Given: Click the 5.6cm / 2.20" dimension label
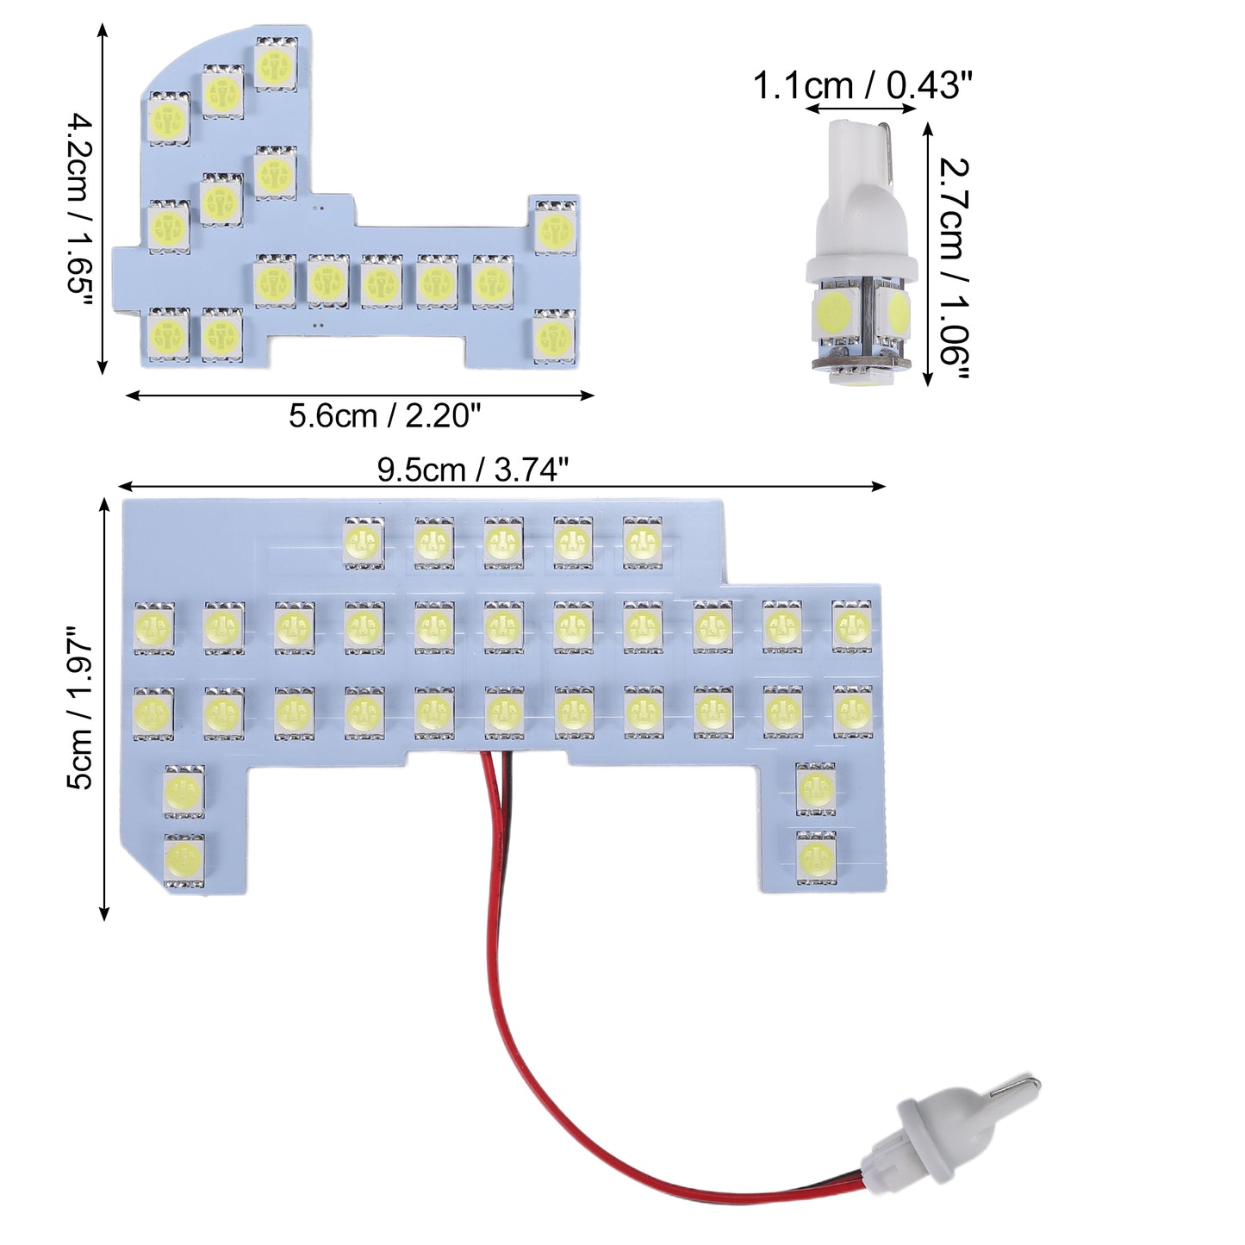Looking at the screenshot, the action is point(384,416).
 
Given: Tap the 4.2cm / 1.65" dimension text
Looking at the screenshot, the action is point(81,204).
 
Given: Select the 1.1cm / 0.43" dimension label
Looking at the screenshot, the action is point(862,86).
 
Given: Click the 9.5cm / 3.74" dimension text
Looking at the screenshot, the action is point(473,469).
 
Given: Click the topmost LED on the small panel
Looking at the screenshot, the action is point(276,63).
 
